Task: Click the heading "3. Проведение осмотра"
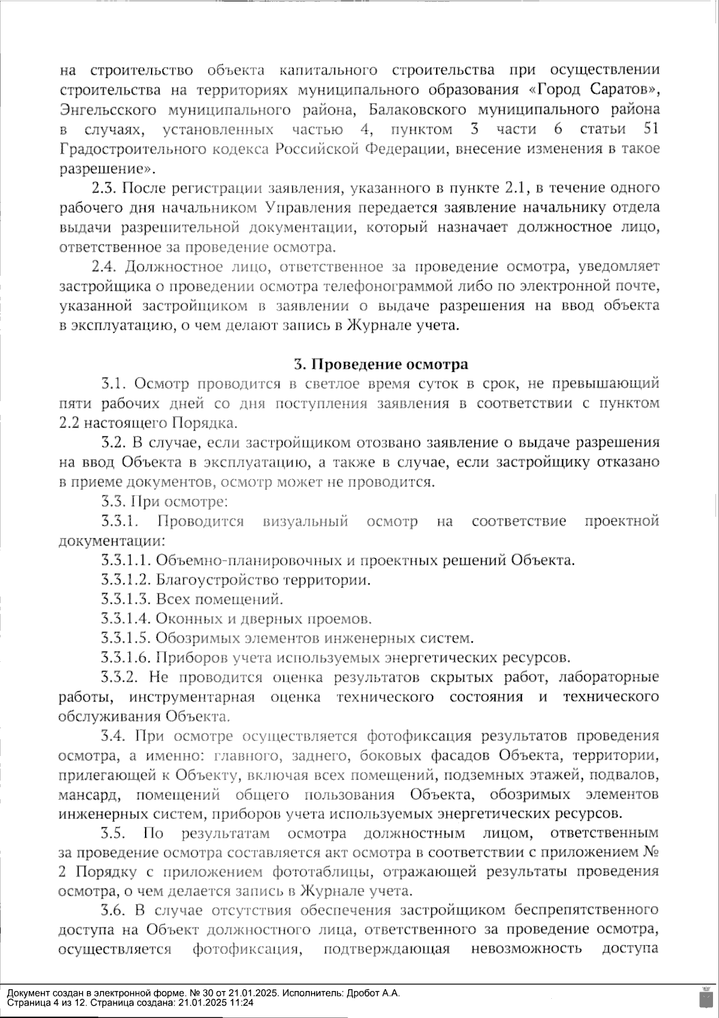(x=380, y=364)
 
